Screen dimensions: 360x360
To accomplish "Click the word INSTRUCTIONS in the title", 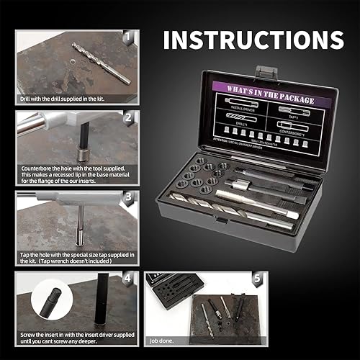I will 253,40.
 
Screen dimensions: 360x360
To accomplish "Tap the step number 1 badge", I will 128,36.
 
